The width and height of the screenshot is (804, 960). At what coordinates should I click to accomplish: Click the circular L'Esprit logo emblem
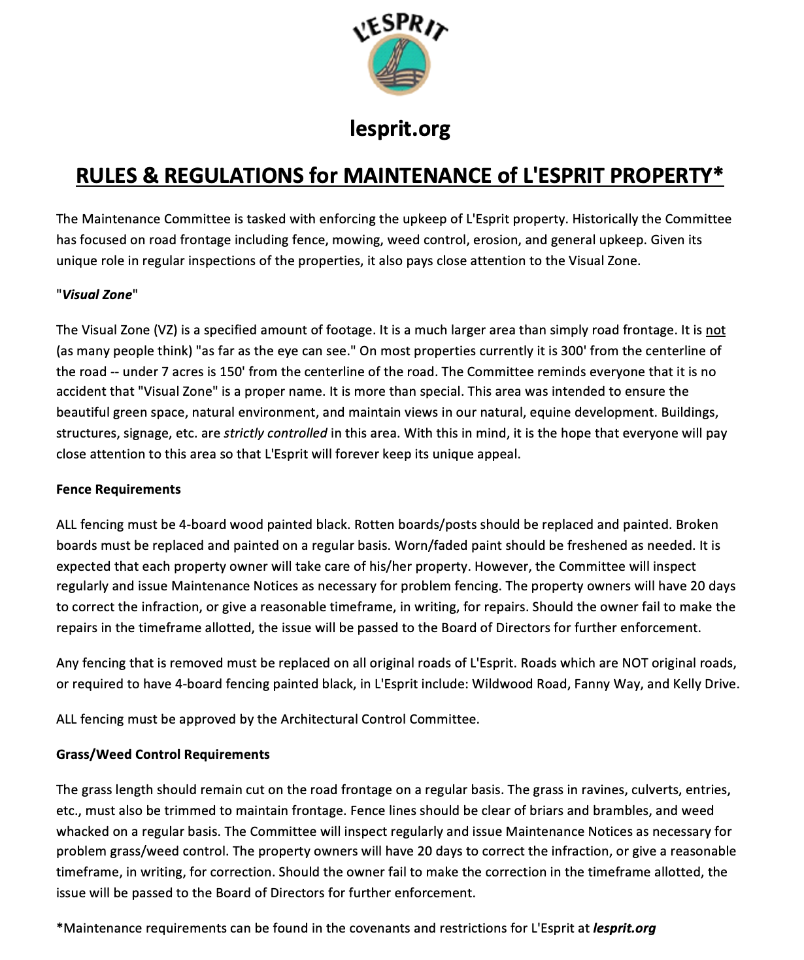coord(399,65)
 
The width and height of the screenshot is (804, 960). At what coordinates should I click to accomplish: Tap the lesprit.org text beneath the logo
coord(399,128)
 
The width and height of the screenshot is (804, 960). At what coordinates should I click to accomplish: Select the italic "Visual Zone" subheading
coord(97,295)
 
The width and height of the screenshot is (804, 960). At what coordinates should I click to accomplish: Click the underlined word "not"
coord(715,330)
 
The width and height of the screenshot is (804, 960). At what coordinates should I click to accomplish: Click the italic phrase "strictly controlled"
coord(275,433)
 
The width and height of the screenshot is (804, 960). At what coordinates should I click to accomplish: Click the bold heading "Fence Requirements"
coord(118,489)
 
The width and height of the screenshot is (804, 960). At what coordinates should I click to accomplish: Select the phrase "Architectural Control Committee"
coord(379,719)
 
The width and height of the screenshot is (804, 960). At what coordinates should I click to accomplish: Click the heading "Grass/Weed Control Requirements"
coord(163,754)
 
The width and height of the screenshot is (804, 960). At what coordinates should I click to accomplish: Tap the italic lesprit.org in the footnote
coord(624,928)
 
